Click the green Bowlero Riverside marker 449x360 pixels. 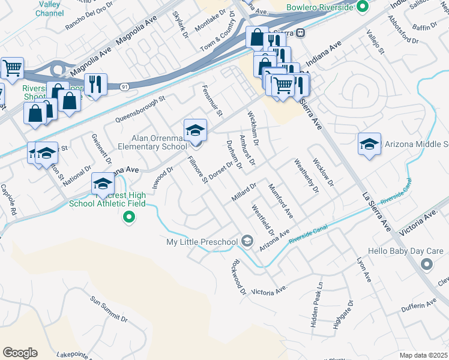tap(361, 7)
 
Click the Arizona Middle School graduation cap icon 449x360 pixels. tap(369, 145)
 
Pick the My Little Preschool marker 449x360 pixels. tap(247, 241)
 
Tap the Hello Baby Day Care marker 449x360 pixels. tap(427, 263)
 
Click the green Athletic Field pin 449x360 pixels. tap(128, 217)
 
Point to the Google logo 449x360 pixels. tap(20, 353)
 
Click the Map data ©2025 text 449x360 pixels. tap(424, 355)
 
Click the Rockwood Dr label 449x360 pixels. tap(240, 277)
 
